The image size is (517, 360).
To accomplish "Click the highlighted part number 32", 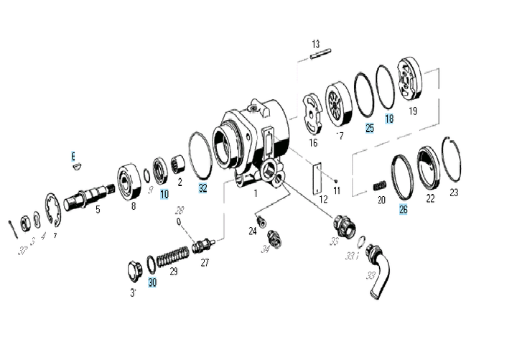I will click(203, 188).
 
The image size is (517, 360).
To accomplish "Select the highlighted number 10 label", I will click(164, 193).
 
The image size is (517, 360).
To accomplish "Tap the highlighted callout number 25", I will click(370, 129).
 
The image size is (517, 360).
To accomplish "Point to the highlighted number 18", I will click(389, 119).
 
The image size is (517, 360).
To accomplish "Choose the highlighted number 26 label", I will click(403, 210).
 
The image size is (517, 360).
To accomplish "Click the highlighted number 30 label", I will click(152, 282).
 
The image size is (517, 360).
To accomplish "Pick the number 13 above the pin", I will click(315, 45).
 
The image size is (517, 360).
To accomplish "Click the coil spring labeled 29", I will click(172, 256).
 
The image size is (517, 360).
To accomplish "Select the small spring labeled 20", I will click(380, 188).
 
